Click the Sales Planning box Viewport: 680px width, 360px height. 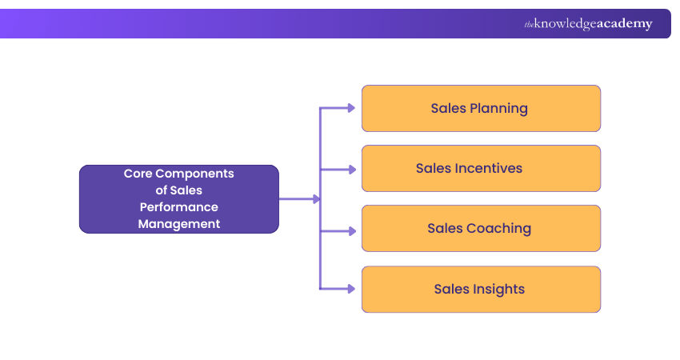pos(481,108)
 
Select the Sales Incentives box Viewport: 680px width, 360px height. pos(481,168)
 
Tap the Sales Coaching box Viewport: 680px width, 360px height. pos(481,228)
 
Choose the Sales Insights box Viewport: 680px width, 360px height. pos(481,289)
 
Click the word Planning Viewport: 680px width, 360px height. pos(499,109)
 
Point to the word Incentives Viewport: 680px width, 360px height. pos(488,168)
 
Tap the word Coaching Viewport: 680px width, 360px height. pos(499,228)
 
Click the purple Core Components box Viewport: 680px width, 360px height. pos(178,199)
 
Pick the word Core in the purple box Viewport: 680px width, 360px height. pos(138,173)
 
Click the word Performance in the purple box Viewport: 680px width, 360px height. pos(178,207)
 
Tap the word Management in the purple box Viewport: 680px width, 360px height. pos(178,224)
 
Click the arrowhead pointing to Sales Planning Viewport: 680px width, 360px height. pos(351,108)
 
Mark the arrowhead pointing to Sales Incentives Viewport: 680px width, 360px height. pos(351,169)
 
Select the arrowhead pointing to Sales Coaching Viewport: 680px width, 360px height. pos(351,230)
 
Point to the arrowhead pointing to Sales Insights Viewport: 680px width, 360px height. pos(351,289)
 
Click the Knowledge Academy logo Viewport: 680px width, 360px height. pos(588,24)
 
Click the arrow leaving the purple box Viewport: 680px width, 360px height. pos(300,198)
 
